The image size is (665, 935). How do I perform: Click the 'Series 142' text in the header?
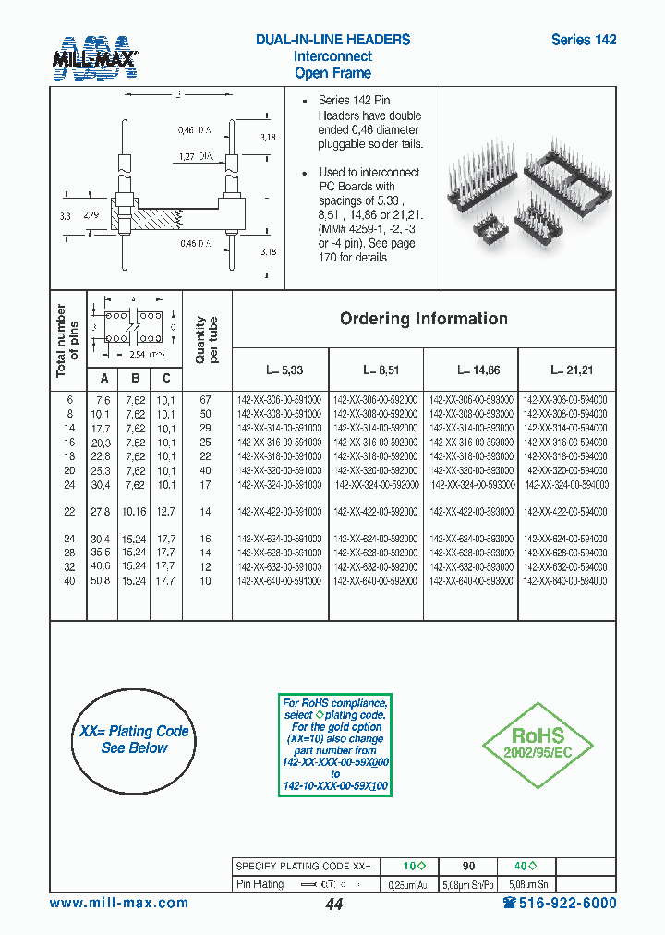point(583,40)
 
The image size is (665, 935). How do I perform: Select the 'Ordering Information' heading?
point(423,319)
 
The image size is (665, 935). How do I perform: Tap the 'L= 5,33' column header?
point(284,370)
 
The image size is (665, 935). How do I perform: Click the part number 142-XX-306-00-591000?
point(280,401)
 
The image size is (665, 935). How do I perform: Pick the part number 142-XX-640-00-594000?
point(565,581)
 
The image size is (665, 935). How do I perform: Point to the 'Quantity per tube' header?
point(207,340)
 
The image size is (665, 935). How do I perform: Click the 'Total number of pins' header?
point(67,340)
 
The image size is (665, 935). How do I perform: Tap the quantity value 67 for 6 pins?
point(205,401)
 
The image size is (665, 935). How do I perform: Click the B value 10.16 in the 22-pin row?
point(134,512)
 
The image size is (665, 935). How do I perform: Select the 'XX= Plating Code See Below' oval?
point(135,739)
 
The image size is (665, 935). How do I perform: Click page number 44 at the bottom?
point(333,905)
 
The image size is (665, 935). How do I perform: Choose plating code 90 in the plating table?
point(469,867)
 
